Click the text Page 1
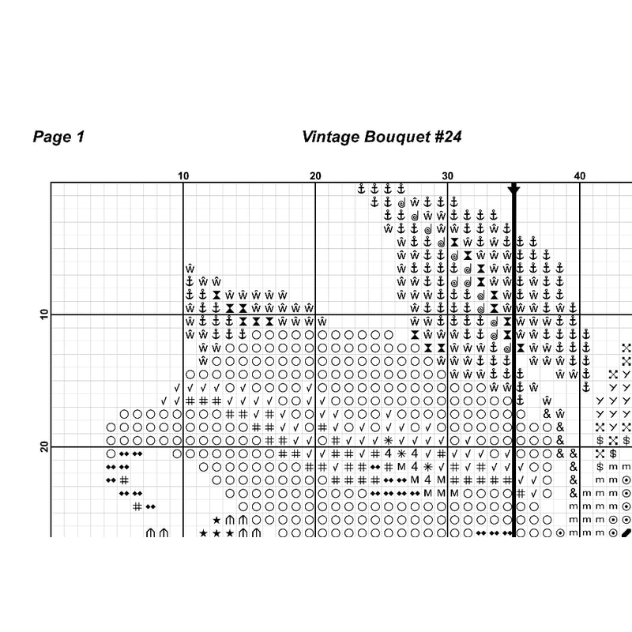tap(58, 137)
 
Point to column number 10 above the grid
tap(183, 176)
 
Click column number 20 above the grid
tap(315, 176)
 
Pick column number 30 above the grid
tap(447, 176)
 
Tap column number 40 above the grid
tap(579, 176)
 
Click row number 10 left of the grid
tap(43, 315)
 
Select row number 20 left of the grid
tap(43, 447)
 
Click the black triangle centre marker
tap(513, 190)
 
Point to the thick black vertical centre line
tap(513, 355)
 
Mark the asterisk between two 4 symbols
tap(401, 453)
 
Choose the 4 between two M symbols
tap(427, 480)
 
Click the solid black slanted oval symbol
tap(626, 533)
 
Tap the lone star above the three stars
tap(216, 520)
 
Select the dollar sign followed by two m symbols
tap(600, 467)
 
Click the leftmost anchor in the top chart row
tap(361, 189)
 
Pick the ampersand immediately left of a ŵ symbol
tap(547, 414)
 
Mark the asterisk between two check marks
tap(388, 440)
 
